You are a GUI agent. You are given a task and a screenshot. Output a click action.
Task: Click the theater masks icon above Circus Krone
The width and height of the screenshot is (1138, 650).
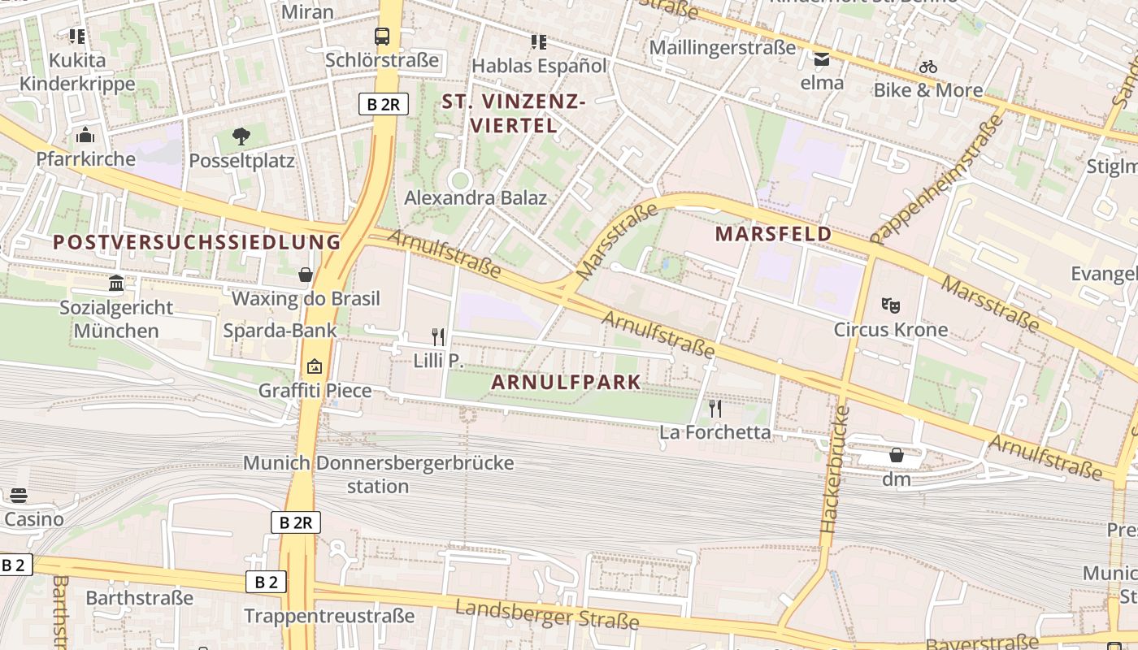[x=891, y=305]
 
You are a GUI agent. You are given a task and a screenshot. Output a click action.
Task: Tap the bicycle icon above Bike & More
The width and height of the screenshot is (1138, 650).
[x=928, y=67]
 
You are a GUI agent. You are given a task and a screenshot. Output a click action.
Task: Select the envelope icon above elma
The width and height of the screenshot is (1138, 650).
[x=822, y=58]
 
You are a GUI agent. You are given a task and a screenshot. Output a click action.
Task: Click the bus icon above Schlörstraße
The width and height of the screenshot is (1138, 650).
[x=381, y=36]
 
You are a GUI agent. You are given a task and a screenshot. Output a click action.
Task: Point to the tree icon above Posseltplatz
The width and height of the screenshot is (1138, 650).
[x=241, y=136]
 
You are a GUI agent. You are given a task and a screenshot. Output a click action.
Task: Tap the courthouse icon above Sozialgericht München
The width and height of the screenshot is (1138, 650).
[x=116, y=283]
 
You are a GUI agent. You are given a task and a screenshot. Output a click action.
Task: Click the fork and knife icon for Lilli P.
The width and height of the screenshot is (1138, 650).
[x=438, y=336]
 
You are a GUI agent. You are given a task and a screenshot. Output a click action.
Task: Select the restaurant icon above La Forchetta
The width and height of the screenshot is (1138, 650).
[x=715, y=408]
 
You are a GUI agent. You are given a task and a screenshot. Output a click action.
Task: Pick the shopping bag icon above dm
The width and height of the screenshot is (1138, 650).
[x=896, y=455]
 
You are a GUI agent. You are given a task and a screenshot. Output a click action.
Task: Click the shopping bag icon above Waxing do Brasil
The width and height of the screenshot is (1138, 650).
[x=306, y=275]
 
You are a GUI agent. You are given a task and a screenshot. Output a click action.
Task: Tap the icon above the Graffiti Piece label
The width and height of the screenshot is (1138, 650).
[x=315, y=366]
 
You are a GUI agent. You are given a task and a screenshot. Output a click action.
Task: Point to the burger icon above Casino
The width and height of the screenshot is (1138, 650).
[x=18, y=496]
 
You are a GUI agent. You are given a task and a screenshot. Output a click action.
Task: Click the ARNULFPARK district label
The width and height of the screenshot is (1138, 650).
[x=566, y=382]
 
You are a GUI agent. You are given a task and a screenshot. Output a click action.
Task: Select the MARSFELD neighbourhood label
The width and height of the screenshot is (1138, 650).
[x=773, y=234]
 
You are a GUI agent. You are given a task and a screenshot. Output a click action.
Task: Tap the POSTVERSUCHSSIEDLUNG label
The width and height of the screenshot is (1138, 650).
[x=197, y=242]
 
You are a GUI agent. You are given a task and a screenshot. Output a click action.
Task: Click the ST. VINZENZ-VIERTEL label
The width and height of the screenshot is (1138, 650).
[x=513, y=114]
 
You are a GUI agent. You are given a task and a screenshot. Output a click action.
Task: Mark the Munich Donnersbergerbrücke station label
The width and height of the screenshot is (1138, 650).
[x=379, y=474]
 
